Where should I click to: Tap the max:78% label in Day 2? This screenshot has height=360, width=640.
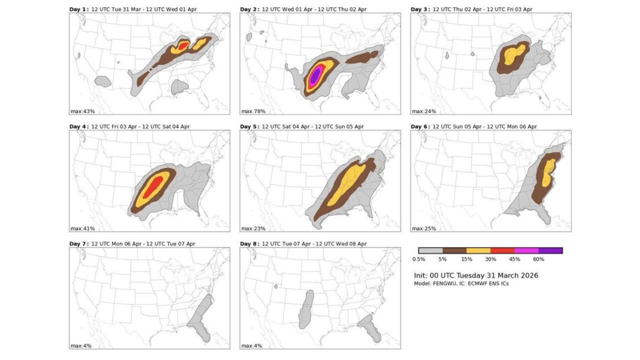click(x=252, y=111)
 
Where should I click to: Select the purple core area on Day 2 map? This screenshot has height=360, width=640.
click(x=314, y=75)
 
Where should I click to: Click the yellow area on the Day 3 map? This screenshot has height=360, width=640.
click(x=514, y=53)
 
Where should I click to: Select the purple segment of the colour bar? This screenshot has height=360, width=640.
click(x=550, y=250)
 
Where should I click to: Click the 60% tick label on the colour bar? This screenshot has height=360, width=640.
click(x=538, y=259)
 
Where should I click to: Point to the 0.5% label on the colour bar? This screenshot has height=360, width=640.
click(x=418, y=259)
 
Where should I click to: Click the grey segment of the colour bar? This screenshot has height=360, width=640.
click(x=430, y=250)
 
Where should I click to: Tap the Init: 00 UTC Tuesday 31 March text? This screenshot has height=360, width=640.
click(x=476, y=275)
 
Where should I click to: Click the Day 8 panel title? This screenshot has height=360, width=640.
click(x=303, y=244)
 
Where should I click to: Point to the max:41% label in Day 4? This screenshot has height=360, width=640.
click(x=82, y=228)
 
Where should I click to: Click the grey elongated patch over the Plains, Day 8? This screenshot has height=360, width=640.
click(x=306, y=308)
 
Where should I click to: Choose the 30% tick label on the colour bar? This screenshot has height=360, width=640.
click(x=490, y=259)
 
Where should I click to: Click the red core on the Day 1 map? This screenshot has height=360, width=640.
click(x=183, y=46)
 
